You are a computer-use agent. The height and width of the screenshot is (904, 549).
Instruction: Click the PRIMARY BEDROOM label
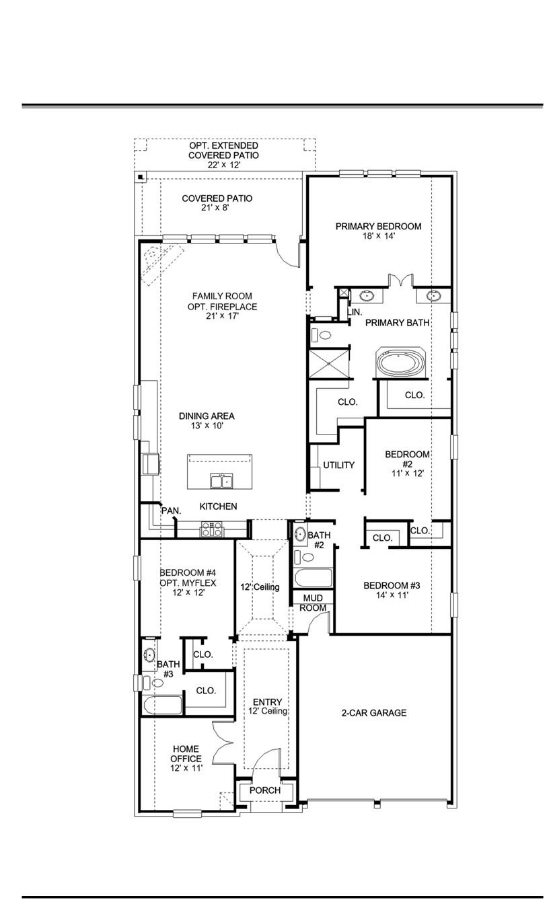click(378, 227)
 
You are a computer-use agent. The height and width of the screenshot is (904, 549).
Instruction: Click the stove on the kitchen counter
click(211, 529)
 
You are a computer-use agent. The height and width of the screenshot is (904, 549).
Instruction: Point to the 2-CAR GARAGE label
click(373, 713)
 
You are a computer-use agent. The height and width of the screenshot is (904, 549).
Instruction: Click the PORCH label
click(264, 790)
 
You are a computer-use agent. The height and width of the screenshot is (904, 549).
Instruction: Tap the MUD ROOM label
click(313, 603)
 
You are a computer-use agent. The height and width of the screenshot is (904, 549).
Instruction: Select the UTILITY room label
click(338, 465)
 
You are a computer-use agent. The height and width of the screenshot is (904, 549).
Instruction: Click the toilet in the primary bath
click(323, 334)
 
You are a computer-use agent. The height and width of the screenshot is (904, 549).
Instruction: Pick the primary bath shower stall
click(329, 363)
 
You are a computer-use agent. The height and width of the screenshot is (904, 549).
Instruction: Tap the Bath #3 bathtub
click(162, 705)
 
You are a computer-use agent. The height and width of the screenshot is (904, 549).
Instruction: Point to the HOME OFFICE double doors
click(222, 743)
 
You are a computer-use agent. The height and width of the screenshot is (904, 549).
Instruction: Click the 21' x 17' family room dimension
click(222, 315)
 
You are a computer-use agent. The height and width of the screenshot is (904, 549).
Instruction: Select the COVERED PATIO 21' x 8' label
click(217, 203)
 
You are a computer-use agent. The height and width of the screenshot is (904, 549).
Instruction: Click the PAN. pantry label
click(171, 511)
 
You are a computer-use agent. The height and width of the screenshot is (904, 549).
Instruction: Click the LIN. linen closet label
click(355, 311)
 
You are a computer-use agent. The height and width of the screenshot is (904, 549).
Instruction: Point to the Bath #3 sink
click(149, 654)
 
